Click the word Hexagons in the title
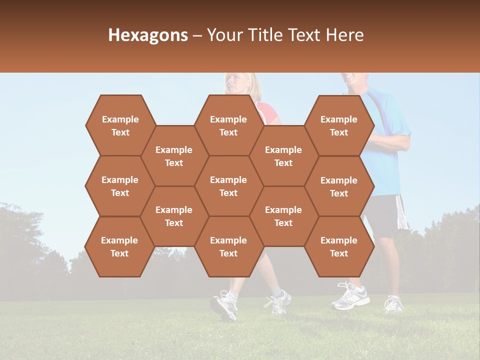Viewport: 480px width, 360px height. (148, 35)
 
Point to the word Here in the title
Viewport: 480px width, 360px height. (344, 35)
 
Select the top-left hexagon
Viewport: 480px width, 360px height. (120, 125)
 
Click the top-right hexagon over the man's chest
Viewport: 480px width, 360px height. (339, 125)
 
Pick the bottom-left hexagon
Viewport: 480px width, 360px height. (119, 246)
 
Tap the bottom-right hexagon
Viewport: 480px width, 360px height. (339, 246)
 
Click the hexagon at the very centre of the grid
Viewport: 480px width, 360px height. (228, 186)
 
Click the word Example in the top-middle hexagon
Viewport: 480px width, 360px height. (228, 119)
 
